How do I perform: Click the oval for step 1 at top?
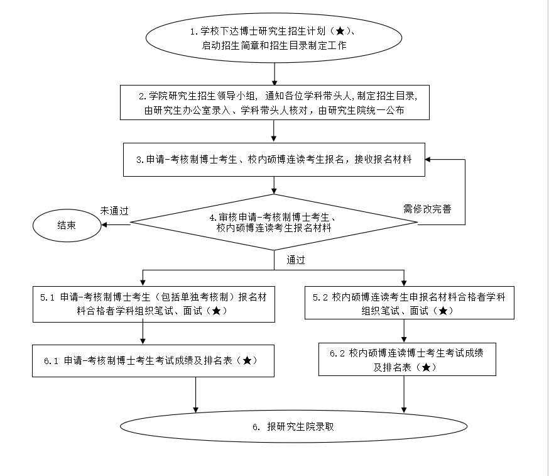click(274, 38)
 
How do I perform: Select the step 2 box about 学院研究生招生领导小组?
click(275, 102)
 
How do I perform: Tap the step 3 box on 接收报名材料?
click(274, 160)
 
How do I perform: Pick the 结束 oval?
click(67, 224)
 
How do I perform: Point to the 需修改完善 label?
click(427, 209)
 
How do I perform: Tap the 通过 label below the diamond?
click(296, 259)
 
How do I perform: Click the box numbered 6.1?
click(153, 361)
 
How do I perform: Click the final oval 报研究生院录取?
click(293, 426)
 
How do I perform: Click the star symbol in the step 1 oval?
click(340, 31)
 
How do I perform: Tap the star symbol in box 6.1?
click(247, 361)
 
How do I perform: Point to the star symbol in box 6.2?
click(427, 368)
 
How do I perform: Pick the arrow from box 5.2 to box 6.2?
click(404, 331)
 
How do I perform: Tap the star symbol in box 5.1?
click(216, 311)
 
